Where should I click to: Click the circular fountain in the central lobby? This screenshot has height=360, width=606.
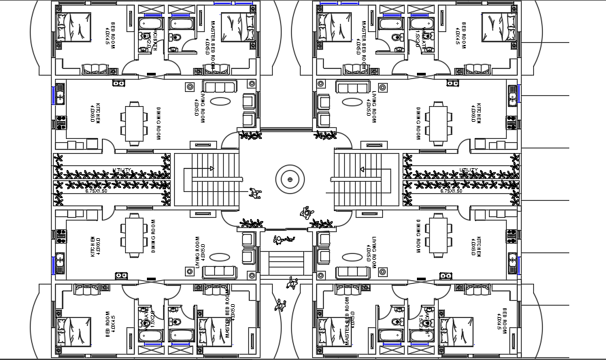[x=290, y=179]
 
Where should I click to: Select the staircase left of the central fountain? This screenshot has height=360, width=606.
[x=207, y=180]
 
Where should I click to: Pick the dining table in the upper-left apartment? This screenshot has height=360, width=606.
[x=134, y=122]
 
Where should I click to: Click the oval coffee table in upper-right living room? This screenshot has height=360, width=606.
[x=352, y=102]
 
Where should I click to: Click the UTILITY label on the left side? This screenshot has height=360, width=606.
[x=122, y=170]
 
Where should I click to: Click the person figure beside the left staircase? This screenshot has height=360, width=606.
[x=255, y=194]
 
